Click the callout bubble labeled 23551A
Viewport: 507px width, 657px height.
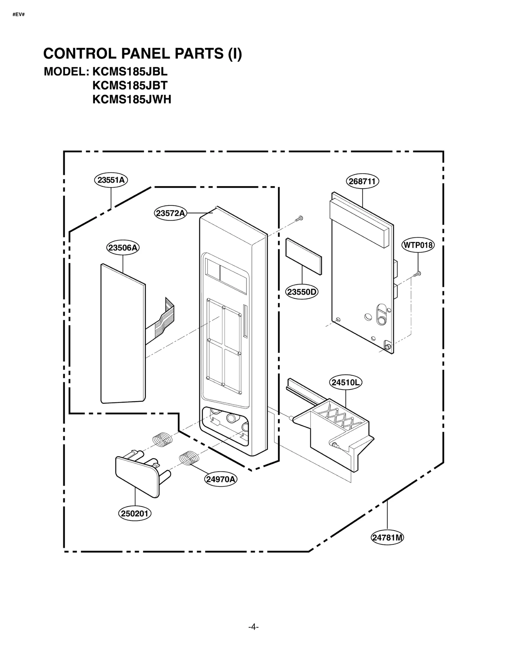click(x=111, y=180)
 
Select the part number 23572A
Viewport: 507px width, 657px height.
click(x=170, y=213)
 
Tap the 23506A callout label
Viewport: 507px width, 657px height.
click(x=123, y=248)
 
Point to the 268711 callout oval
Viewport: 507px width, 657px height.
click(x=362, y=181)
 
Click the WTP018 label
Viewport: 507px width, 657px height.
click(x=418, y=245)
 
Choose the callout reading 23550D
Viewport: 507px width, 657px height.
click(x=302, y=292)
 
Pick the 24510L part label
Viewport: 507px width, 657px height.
click(x=346, y=383)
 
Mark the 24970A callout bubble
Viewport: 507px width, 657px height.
click(x=221, y=479)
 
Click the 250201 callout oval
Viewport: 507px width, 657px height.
click(x=135, y=513)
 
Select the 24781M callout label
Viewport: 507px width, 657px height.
click(x=387, y=538)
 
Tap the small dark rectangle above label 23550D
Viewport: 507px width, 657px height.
click(x=304, y=256)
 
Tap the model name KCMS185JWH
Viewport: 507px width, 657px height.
click(x=132, y=100)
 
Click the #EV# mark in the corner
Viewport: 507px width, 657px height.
click(x=18, y=15)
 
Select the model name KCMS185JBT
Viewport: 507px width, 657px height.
click(x=130, y=86)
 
